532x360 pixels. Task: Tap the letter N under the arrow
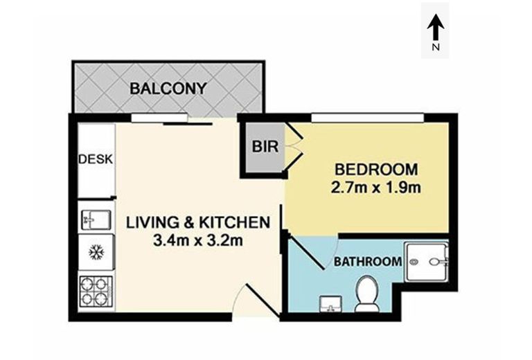435,48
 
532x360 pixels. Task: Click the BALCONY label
168,89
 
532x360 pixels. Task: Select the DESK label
96,159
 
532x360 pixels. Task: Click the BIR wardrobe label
262,147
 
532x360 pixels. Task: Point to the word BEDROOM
376,169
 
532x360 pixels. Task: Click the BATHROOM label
369,262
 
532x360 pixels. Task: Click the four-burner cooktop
95,291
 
